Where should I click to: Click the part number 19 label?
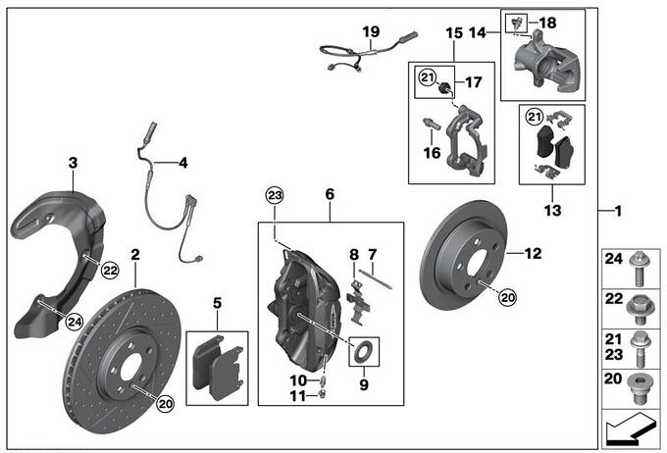[x=370, y=32]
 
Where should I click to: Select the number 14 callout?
[x=477, y=32]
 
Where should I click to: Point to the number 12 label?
[x=533, y=253]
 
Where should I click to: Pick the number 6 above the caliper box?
[x=331, y=196]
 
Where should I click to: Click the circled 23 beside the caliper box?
[x=275, y=197]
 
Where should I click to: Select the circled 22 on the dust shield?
[x=109, y=268]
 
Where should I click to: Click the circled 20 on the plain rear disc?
[x=506, y=294]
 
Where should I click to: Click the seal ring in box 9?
[x=360, y=349]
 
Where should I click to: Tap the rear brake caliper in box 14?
[x=544, y=57]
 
